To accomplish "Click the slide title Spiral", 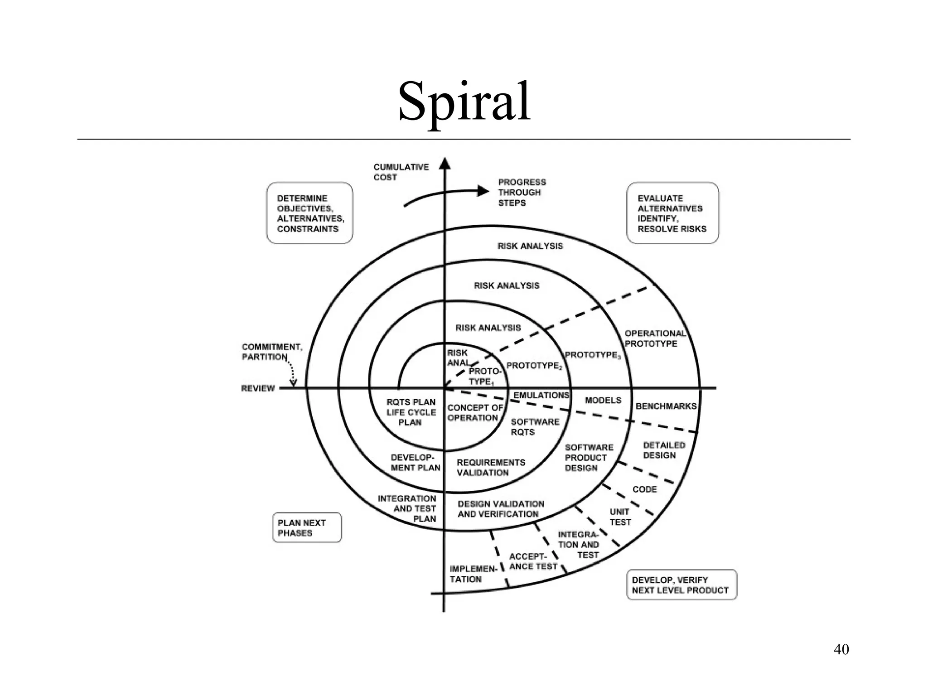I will click(464, 102).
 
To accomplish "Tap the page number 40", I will click(841, 649).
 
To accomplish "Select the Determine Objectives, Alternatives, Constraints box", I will click(309, 213).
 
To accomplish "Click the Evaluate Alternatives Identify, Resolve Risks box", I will click(672, 213).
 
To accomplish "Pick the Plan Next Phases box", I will click(307, 527).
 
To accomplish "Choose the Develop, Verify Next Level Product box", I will click(681, 585).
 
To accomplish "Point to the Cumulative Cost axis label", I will click(401, 172).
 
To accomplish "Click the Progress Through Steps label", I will click(522, 192).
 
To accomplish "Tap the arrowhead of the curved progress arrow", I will click(483, 191).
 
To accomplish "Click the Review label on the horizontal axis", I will click(258, 388).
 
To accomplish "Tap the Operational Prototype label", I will click(655, 338).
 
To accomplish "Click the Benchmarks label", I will click(666, 406).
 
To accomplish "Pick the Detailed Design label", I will click(664, 450).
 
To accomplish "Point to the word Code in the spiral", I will click(644, 489).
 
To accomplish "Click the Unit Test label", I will click(620, 517).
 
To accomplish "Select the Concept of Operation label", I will click(474, 412).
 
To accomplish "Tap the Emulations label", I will click(541, 395).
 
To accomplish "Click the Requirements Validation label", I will click(491, 467).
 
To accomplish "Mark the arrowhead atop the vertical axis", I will click(445, 163).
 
